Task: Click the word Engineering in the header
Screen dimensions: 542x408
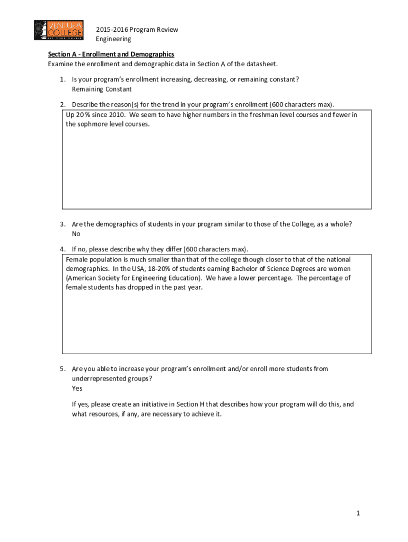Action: (x=113, y=39)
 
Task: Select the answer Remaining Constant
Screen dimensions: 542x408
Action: (x=102, y=89)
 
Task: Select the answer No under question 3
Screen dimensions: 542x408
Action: (x=76, y=233)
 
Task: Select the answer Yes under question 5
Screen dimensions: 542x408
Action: (x=77, y=389)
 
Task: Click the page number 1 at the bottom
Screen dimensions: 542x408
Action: (x=359, y=513)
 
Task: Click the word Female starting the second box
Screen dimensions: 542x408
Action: (x=77, y=259)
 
